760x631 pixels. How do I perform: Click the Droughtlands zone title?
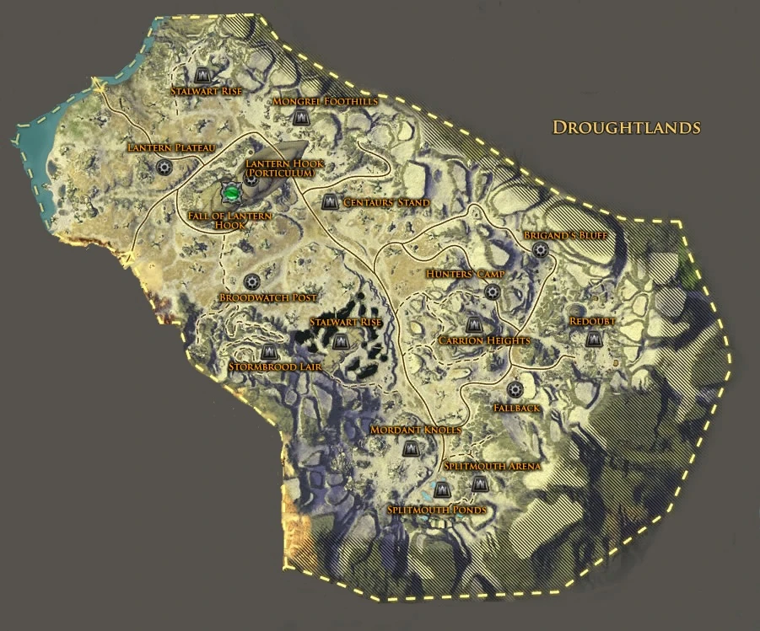(627, 127)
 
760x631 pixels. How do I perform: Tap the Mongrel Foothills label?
(325, 101)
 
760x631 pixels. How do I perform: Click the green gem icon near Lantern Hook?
(230, 193)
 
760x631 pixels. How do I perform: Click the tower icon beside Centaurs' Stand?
(330, 202)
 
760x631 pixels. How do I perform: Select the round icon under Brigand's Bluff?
(541, 249)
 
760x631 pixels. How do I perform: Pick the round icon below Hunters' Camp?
(492, 291)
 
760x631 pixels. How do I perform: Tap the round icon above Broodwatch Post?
(251, 281)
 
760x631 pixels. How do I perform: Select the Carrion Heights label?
(483, 340)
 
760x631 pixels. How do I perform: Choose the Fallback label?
(515, 408)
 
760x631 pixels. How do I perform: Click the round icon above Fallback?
(515, 390)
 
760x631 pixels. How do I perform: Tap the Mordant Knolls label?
(416, 430)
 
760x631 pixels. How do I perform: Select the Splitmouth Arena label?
(492, 466)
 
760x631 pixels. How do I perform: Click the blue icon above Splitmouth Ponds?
(441, 489)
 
